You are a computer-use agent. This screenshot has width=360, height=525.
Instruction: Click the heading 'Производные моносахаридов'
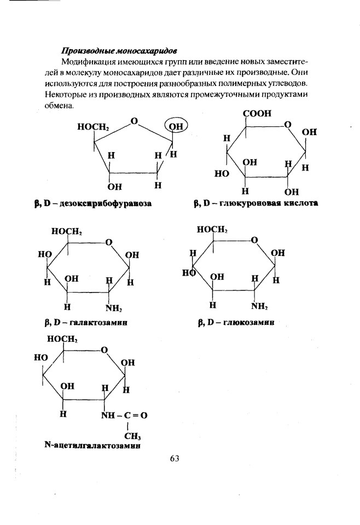pyautogui.click(x=119, y=51)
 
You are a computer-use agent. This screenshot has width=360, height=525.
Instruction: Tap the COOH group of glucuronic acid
pyautogui.click(x=257, y=113)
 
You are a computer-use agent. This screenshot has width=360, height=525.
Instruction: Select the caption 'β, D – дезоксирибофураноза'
pyautogui.click(x=93, y=203)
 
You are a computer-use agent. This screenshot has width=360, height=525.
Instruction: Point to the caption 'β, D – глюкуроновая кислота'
pyautogui.click(x=256, y=203)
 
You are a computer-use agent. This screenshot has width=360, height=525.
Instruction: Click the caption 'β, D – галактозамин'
pyautogui.click(x=86, y=323)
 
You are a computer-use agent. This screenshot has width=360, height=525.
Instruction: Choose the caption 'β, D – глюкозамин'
pyautogui.click(x=236, y=323)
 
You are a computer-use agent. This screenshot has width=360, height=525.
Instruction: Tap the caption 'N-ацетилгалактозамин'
pyautogui.click(x=92, y=446)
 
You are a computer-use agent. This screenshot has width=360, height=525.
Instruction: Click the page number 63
pyautogui.click(x=175, y=458)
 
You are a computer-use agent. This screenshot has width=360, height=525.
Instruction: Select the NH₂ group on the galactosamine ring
pyautogui.click(x=113, y=308)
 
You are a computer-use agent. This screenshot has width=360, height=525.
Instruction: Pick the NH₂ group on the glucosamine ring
pyautogui.click(x=259, y=306)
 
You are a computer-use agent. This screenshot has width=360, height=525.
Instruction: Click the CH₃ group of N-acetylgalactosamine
pyautogui.click(x=132, y=436)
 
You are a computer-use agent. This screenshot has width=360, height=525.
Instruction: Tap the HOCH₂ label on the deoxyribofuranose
pyautogui.click(x=94, y=127)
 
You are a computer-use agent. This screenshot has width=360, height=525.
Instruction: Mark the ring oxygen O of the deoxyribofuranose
pyautogui.click(x=134, y=121)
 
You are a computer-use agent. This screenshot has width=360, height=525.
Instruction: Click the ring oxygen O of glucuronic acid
pyautogui.click(x=287, y=125)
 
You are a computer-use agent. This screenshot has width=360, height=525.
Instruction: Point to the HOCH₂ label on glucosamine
pyautogui.click(x=212, y=229)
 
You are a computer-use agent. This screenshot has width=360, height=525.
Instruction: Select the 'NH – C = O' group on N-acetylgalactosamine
pyautogui.click(x=124, y=416)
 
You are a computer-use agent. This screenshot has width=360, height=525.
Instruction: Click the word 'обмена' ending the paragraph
pyautogui.click(x=59, y=106)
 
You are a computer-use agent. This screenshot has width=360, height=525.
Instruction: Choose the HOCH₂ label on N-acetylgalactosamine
pyautogui.click(x=62, y=339)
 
